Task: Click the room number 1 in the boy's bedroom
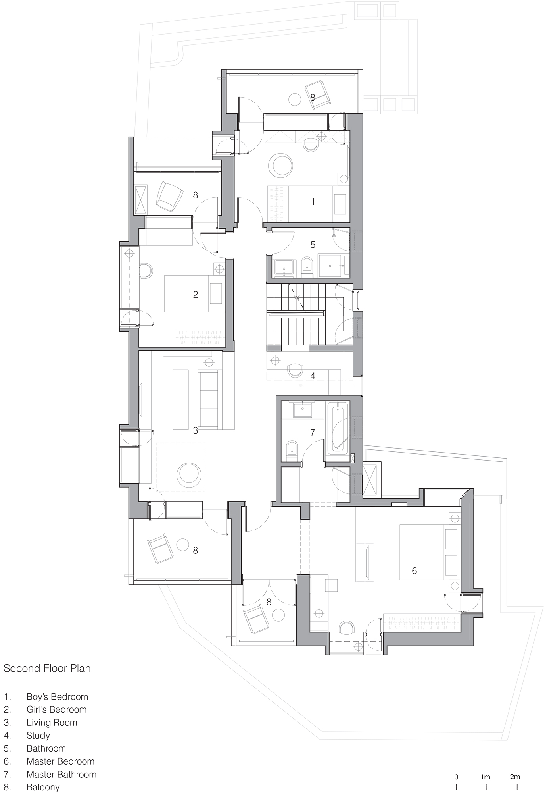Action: point(313,202)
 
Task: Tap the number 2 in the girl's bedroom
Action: point(195,295)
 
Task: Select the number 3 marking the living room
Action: point(195,430)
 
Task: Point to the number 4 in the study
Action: point(313,376)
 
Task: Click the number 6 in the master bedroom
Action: point(415,571)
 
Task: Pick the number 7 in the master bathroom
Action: point(313,432)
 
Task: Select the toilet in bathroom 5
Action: point(306,267)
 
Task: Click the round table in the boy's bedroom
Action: point(281,164)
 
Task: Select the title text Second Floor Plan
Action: point(47,669)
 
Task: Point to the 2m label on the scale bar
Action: point(515,777)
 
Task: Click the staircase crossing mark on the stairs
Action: point(296,297)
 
